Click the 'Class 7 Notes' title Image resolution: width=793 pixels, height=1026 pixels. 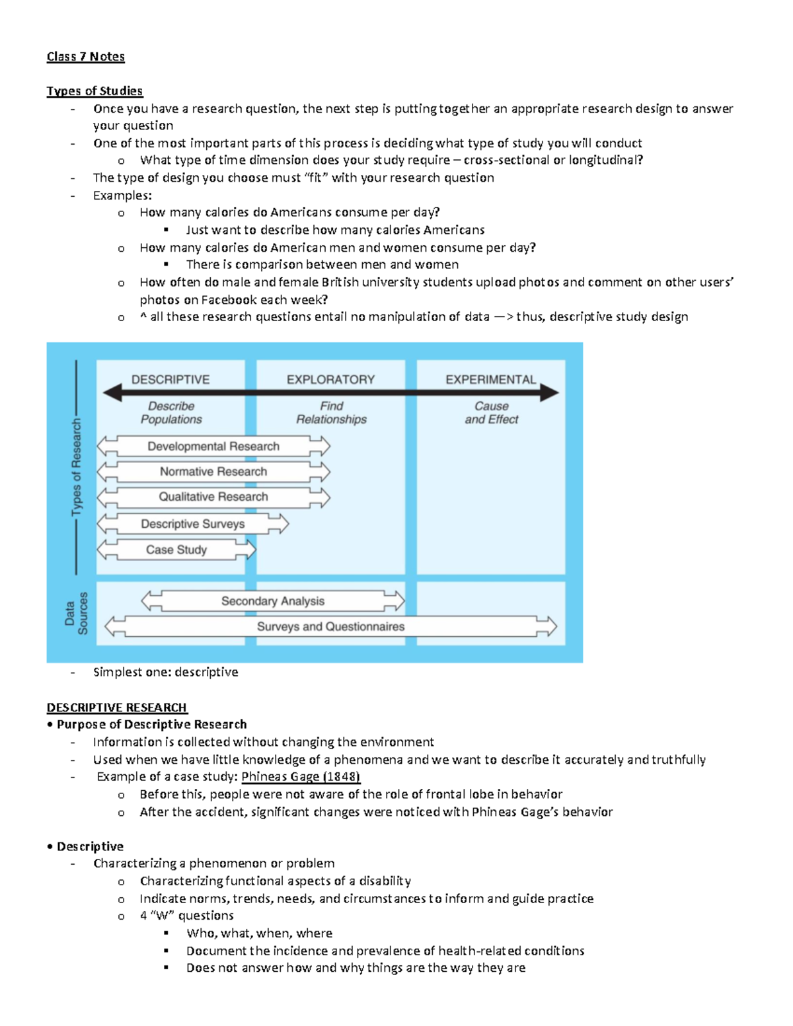coord(85,57)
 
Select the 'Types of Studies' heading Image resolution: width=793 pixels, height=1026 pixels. coord(94,91)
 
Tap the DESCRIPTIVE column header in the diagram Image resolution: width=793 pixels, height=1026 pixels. coord(170,380)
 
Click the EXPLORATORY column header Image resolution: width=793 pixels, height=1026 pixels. coord(330,380)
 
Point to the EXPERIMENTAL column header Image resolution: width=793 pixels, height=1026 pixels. coord(490,380)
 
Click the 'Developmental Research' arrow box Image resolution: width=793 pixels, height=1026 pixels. coord(213,447)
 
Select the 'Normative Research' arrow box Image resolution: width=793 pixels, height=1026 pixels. coord(213,472)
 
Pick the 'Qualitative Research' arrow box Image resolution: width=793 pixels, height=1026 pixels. coord(213,497)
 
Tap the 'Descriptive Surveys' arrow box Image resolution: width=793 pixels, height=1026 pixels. coord(193,524)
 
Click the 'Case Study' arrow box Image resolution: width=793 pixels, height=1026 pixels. coord(176,550)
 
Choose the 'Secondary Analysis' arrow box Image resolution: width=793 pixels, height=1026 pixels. coord(273,601)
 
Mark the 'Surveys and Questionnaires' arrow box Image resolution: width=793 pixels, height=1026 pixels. coord(330,626)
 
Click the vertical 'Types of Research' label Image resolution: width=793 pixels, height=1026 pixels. coord(77,467)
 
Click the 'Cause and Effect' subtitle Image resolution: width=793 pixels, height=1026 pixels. coord(491,413)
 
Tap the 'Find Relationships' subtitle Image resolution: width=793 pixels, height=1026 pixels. coord(331,413)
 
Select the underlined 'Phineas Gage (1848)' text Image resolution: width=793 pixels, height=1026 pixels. coord(301,777)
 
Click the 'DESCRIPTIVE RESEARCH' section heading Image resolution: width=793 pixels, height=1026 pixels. coord(117,708)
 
